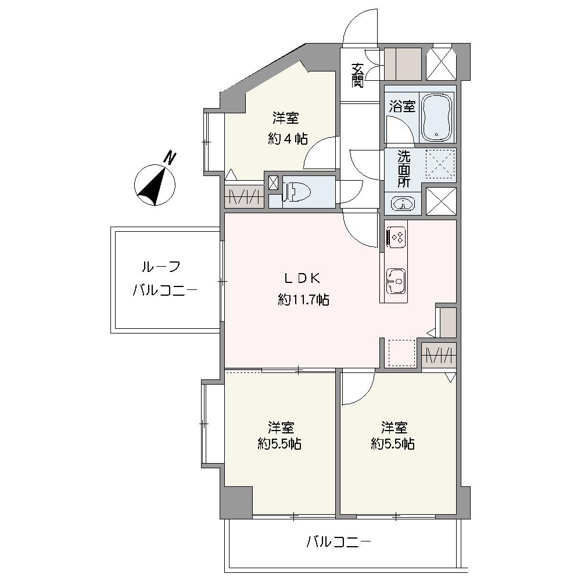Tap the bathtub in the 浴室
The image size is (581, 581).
tap(437, 118)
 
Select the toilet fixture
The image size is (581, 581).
tap(300, 191)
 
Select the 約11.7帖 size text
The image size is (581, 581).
tap(303, 300)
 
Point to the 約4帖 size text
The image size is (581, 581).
tap(287, 139)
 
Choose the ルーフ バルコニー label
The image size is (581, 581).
tap(166, 279)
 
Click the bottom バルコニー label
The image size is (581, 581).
tap(339, 543)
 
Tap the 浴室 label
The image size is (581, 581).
tap(402, 106)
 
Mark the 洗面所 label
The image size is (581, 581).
tap(403, 168)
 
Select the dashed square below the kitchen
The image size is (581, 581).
tap(401, 353)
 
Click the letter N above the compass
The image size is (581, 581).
tap(170, 157)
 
